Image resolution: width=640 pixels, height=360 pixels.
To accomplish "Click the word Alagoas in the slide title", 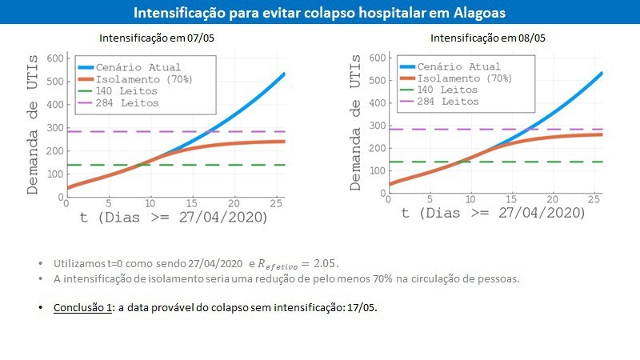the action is [x=479, y=13].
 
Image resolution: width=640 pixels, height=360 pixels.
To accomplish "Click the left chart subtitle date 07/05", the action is [x=201, y=38].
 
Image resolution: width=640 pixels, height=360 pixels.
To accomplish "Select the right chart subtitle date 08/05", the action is [x=531, y=38].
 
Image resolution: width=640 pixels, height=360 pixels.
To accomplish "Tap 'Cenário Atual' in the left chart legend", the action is [x=138, y=67].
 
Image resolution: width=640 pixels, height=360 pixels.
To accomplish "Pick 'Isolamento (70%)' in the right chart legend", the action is [x=464, y=78].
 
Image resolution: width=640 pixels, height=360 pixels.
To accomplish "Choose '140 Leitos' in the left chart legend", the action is [x=126, y=91].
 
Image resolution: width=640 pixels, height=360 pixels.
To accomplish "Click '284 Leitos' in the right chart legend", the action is [x=448, y=102].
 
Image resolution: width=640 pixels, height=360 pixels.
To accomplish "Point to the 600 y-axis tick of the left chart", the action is [x=55, y=58].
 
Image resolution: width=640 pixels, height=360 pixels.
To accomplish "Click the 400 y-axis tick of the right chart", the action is [x=378, y=103].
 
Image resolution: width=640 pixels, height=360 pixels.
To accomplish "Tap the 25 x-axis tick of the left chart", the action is [x=276, y=203].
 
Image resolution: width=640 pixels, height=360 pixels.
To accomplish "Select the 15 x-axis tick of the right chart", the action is [x=511, y=199].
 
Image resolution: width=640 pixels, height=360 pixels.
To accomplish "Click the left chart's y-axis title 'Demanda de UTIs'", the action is [x=32, y=125].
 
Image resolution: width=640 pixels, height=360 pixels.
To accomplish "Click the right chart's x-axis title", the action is [x=493, y=213].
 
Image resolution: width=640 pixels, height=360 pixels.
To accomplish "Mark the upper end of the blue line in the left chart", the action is [x=284, y=74].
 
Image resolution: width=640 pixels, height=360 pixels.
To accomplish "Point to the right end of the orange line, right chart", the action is [x=602, y=134].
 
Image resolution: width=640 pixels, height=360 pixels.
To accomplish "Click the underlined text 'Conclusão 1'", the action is [x=82, y=307].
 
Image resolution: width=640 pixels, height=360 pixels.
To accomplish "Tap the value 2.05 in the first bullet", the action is [x=325, y=264].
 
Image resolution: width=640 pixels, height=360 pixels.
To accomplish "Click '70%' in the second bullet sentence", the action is [x=382, y=279].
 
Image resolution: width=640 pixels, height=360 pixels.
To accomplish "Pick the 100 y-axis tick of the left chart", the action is [x=55, y=174].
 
